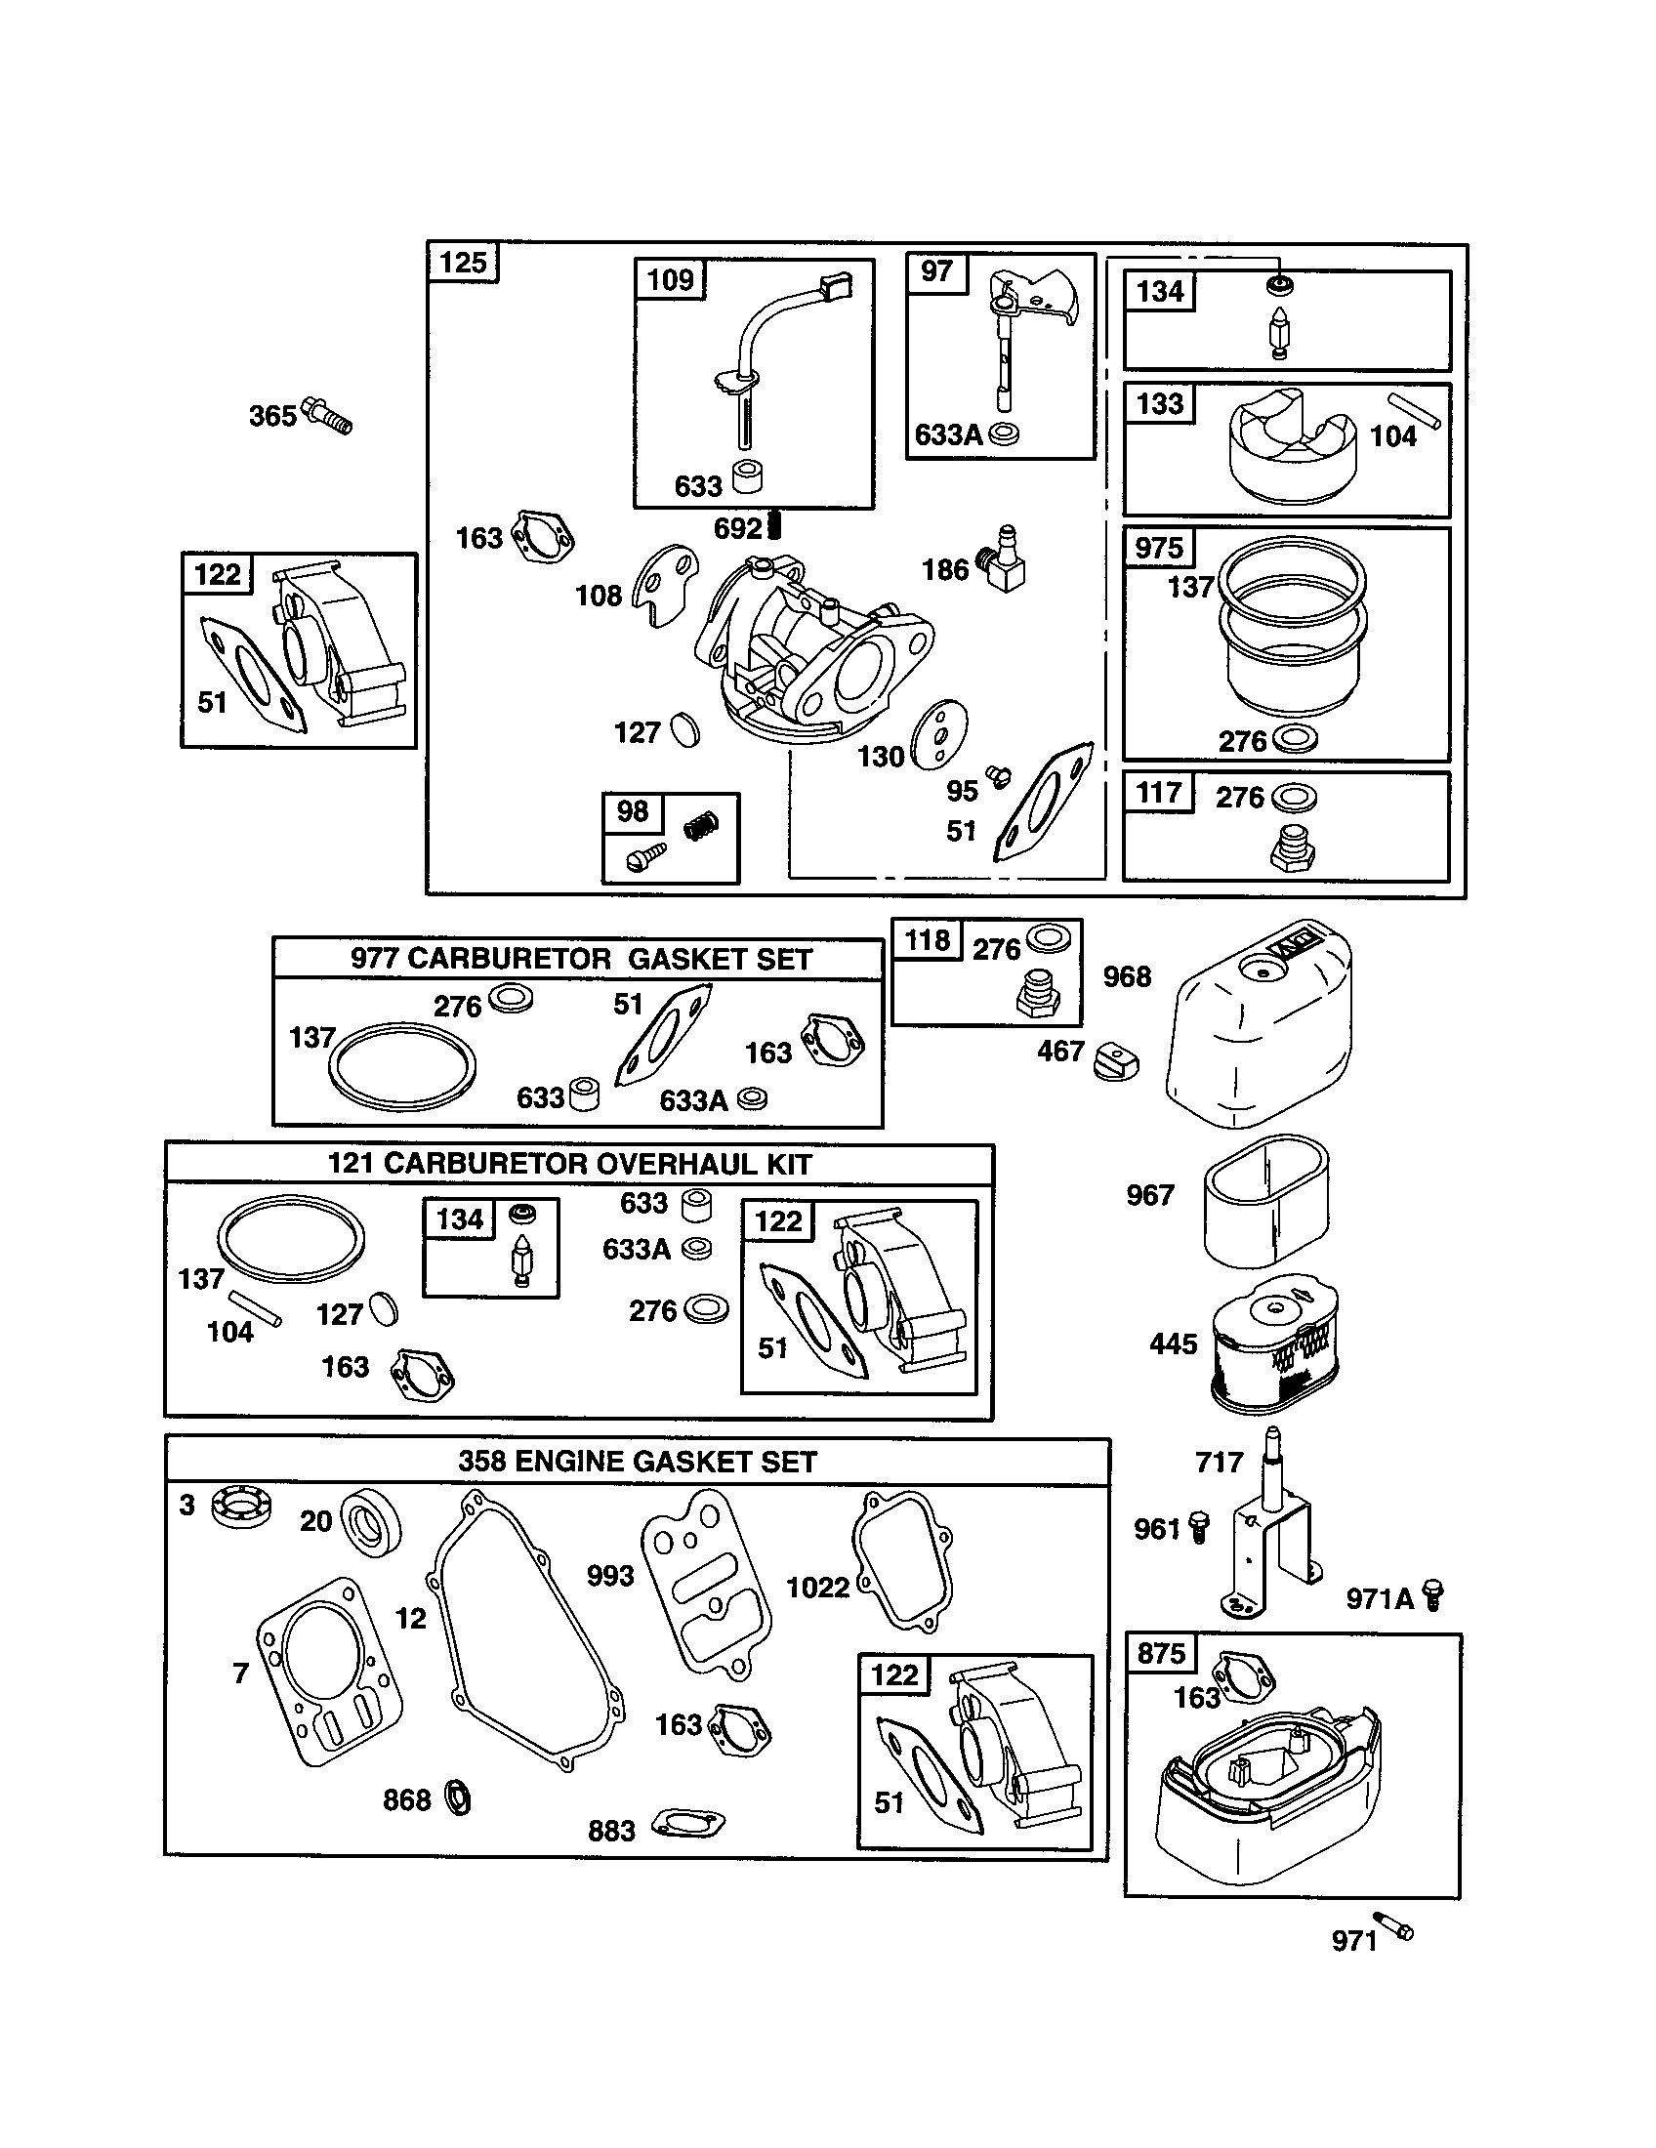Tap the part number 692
tap(737, 529)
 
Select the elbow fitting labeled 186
tap(1004, 562)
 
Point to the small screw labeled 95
tap(998, 777)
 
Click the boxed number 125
tap(463, 264)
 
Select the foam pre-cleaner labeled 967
tap(1265, 1200)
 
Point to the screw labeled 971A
tap(1433, 1595)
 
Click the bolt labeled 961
tap(1197, 1527)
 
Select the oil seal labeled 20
tap(372, 1522)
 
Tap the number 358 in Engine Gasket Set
tap(481, 1462)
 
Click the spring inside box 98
tap(701, 825)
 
